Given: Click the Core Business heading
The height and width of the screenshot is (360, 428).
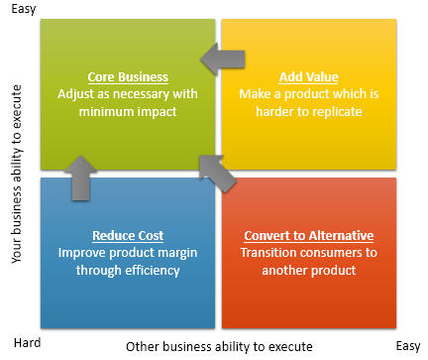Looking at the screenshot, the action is coord(128,77).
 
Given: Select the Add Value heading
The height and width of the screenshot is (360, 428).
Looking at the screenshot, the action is coord(309,77).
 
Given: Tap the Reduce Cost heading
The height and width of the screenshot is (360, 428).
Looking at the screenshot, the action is coord(128,236).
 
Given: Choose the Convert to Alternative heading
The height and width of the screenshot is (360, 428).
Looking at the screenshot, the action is coord(309,236).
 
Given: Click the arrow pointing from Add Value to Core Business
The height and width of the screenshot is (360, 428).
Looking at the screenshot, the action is coord(223,60).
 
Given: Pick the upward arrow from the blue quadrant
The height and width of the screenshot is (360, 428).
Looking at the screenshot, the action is coord(80,179).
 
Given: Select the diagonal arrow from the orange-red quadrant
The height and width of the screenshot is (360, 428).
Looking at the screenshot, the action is coord(217,174).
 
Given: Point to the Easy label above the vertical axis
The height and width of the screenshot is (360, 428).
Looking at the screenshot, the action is coord(24,9).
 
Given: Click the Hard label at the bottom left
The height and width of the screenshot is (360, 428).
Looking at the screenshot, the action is coord(27,343).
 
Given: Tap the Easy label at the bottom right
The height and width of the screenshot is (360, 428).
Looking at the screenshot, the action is coord(408,346).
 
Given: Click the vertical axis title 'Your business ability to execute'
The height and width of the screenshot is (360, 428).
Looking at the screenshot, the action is coord(17,175).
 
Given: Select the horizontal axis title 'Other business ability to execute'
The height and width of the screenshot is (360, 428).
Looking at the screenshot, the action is coord(219,347).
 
